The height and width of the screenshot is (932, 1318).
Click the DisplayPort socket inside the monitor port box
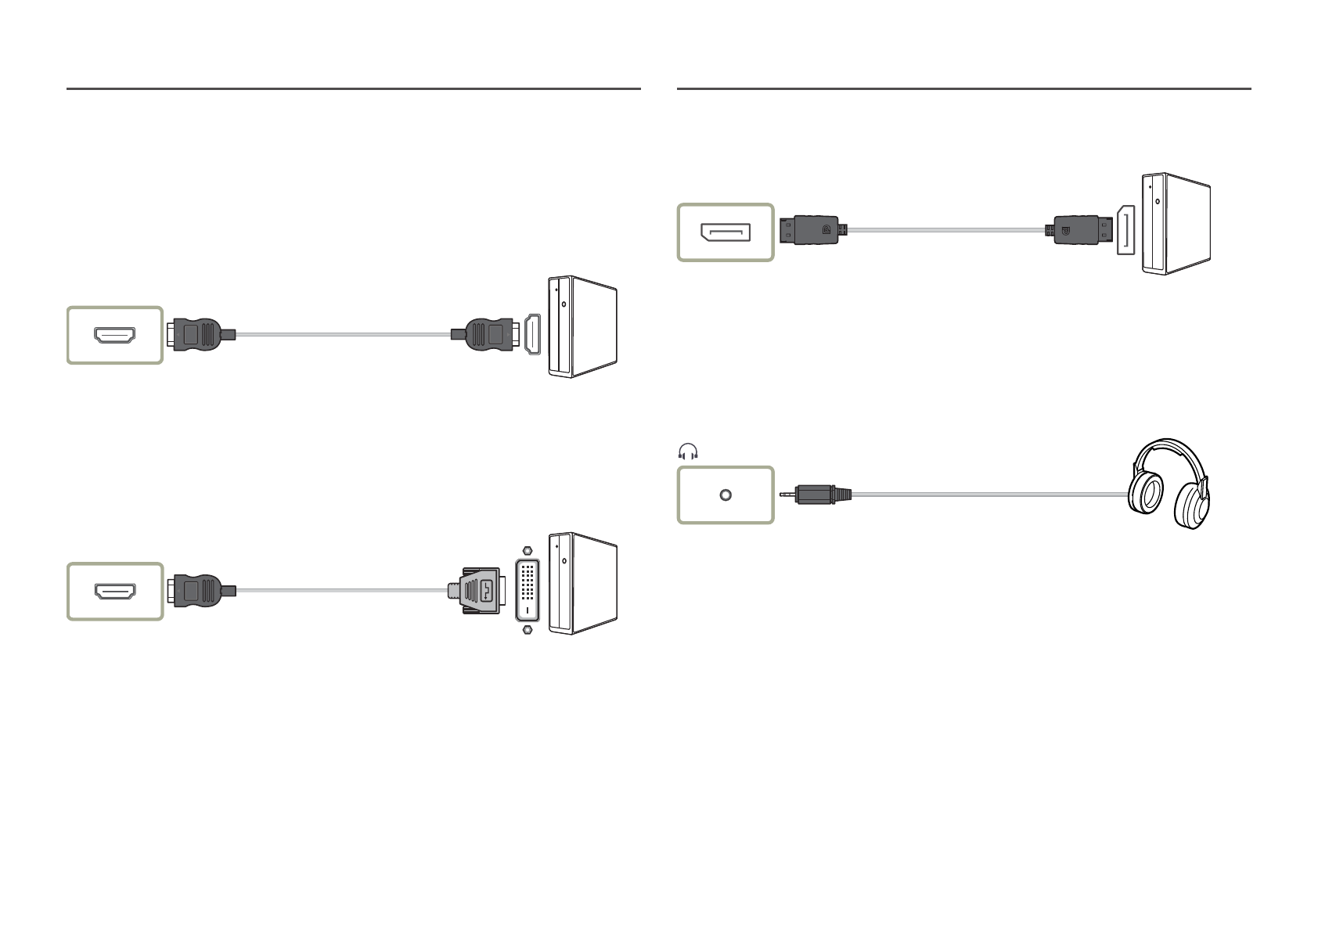726,232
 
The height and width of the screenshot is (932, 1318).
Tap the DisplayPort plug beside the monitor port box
814,230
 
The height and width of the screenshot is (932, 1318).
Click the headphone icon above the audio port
688,452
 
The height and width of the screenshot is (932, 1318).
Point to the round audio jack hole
726,495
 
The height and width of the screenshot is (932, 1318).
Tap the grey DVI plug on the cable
477,589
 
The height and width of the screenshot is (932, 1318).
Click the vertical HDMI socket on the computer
533,334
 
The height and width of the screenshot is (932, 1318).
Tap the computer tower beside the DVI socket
583,584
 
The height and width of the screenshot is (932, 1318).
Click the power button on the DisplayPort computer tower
1158,201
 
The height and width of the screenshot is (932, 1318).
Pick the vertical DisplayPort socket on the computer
1125,230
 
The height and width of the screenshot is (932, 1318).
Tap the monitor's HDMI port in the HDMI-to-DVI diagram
115,592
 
